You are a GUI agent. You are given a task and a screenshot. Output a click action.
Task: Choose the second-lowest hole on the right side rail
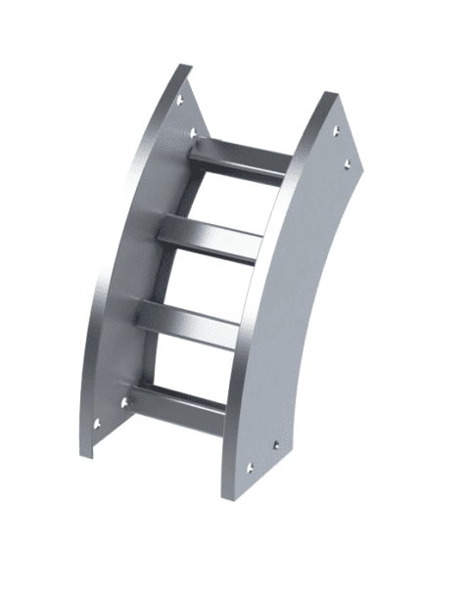coord(277,443)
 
